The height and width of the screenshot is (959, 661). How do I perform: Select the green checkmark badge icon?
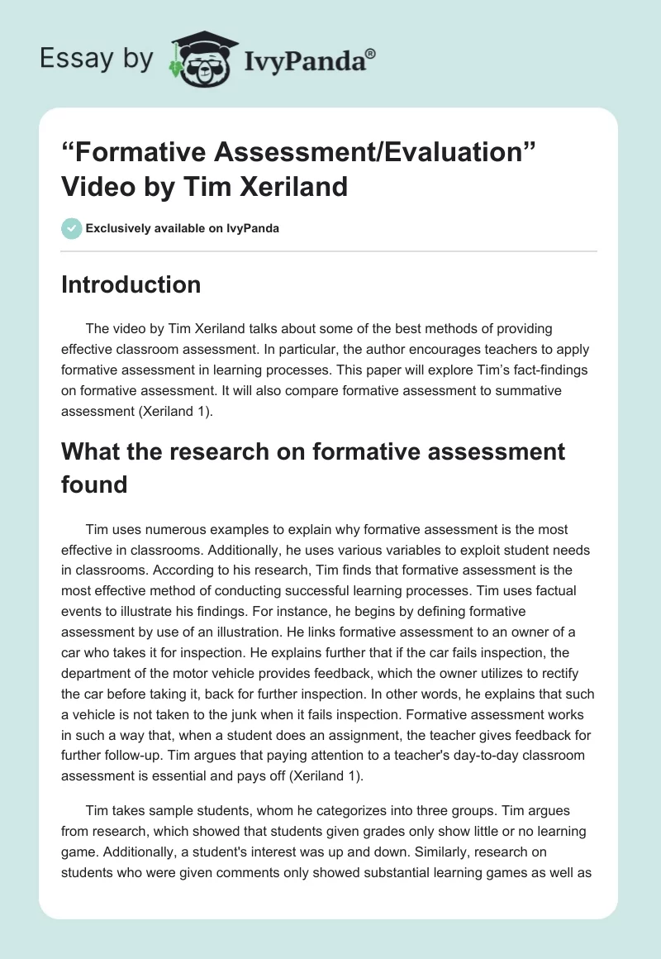click(71, 228)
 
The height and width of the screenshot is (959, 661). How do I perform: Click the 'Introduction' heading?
click(131, 284)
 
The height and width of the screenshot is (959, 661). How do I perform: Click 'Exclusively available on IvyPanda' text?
click(182, 228)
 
